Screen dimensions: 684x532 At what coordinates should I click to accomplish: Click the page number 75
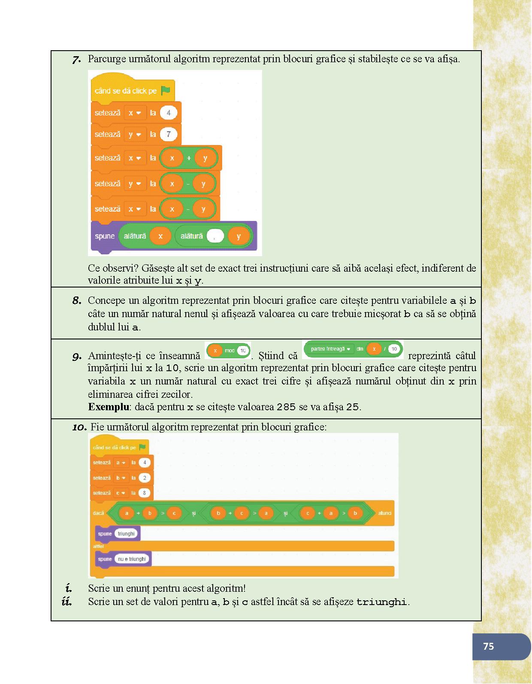[488, 646]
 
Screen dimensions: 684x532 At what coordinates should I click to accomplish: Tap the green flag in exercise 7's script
[166, 91]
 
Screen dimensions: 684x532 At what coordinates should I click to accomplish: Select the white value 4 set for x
[169, 113]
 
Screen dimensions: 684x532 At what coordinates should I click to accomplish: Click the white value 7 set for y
[169, 134]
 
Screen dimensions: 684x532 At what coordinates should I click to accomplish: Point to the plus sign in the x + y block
[189, 158]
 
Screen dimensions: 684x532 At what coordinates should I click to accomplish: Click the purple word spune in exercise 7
[105, 236]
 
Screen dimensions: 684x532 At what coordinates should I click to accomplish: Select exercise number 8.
[77, 300]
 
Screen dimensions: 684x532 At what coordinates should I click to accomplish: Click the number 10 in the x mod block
[243, 351]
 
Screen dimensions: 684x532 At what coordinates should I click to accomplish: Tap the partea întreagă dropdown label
[328, 349]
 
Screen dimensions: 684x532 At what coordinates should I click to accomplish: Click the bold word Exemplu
[109, 407]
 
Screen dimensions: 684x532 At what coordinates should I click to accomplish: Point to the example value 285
[286, 407]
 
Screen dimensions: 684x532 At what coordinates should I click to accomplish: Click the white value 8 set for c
[144, 493]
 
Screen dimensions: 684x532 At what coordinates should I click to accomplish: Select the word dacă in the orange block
[98, 513]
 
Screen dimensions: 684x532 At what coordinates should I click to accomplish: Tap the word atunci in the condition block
[384, 513]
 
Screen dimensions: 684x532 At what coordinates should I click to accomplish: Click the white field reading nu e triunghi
[132, 559]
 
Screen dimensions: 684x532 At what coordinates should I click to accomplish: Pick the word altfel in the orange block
[98, 546]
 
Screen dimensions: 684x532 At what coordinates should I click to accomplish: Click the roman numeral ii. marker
[66, 602]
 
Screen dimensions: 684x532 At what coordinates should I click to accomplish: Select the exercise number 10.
[79, 427]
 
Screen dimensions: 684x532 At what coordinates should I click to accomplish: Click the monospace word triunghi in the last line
[381, 602]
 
